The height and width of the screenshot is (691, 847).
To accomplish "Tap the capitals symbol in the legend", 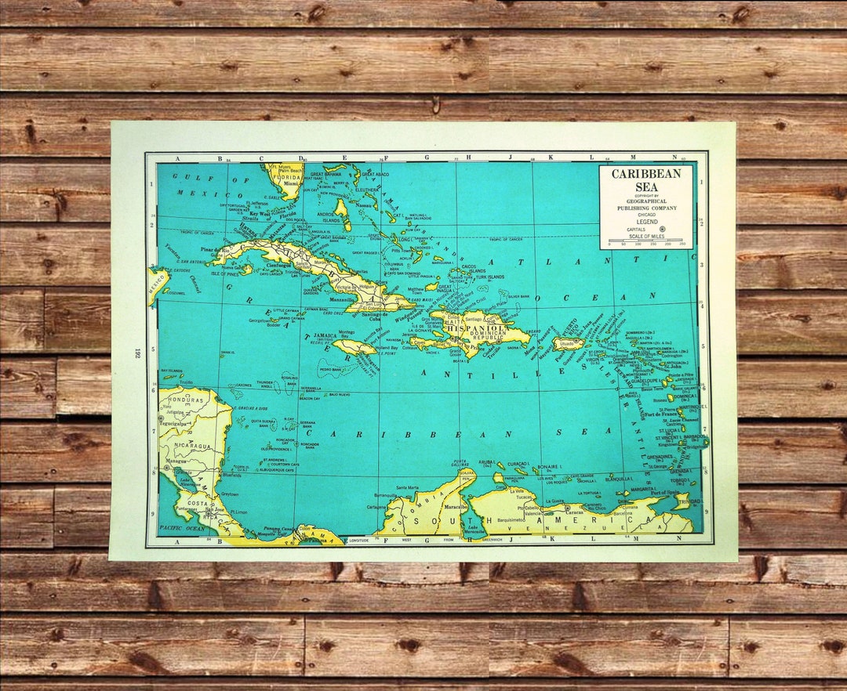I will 662,230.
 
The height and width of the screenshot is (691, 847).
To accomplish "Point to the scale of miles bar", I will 645,240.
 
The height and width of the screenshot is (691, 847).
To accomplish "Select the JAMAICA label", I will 325,335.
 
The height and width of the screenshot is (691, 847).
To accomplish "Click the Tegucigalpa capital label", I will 174,424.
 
